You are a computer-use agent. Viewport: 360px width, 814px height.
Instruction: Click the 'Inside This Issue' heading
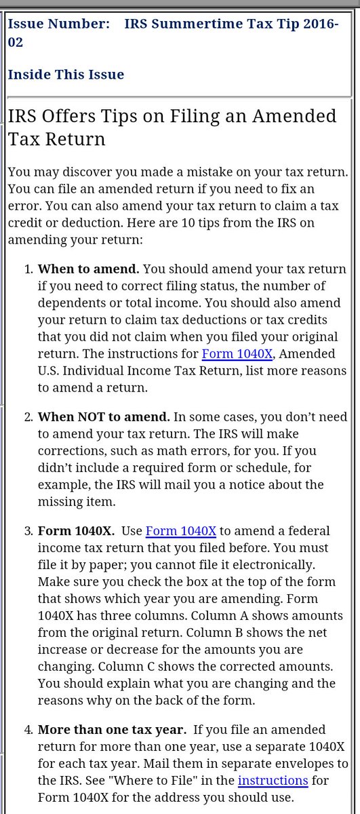[66, 74]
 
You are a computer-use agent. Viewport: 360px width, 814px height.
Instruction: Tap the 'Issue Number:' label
[58, 24]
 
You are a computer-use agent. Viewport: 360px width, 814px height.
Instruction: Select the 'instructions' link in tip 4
[273, 780]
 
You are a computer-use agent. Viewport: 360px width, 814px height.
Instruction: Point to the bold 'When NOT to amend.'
[104, 415]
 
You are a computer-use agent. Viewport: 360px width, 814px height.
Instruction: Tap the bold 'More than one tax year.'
[111, 730]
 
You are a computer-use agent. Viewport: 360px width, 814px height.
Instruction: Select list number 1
[28, 269]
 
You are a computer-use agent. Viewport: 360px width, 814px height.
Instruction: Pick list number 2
[28, 415]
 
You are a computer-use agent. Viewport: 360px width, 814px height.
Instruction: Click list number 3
[28, 530]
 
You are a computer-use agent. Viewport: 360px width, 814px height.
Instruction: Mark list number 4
[28, 730]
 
